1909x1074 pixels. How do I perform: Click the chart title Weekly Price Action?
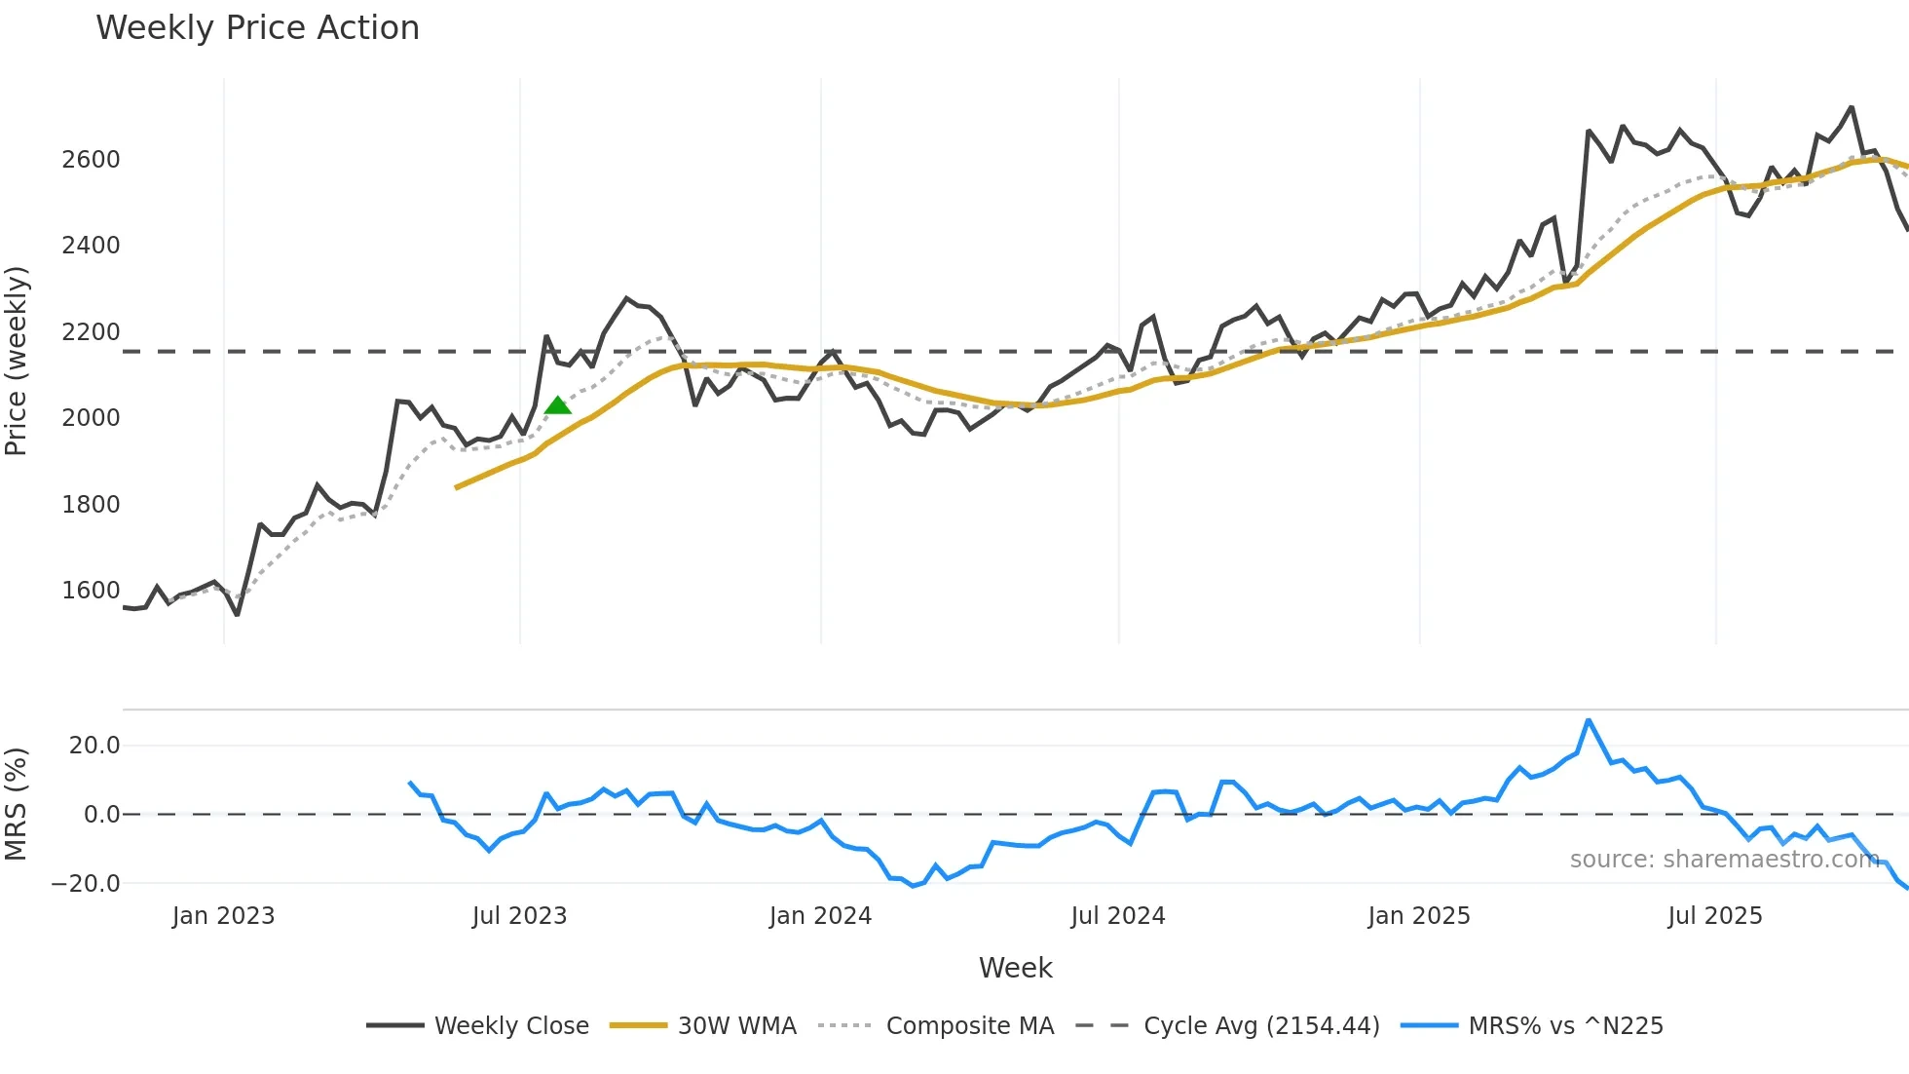257,28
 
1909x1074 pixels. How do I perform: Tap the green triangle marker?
557,405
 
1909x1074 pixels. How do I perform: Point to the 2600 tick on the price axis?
91,160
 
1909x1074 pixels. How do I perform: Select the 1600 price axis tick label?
91,591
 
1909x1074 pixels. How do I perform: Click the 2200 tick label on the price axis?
91,332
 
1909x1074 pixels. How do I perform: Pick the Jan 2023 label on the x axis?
223,916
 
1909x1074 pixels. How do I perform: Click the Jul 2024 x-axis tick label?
1117,916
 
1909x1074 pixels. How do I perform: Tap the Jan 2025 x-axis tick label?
1418,916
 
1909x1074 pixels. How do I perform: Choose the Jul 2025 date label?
1714,916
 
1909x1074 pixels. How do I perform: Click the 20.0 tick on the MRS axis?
94,746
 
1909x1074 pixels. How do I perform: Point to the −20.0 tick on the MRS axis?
86,884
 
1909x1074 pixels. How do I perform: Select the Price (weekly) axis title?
17,361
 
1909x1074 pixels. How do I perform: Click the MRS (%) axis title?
17,804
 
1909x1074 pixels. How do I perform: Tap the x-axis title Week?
1015,968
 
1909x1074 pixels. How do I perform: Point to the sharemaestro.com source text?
1724,860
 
